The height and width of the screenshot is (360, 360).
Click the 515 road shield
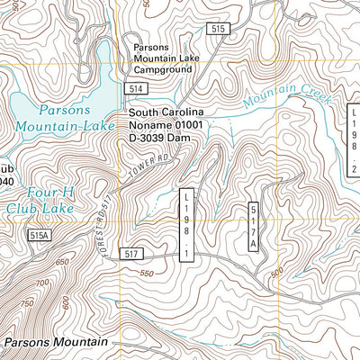pyautogui.click(x=217, y=30)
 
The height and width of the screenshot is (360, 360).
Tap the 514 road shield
pyautogui.click(x=136, y=89)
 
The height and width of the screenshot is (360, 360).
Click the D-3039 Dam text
pyautogui.click(x=166, y=139)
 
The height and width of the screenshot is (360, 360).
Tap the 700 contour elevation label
pyautogui.click(x=41, y=284)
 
